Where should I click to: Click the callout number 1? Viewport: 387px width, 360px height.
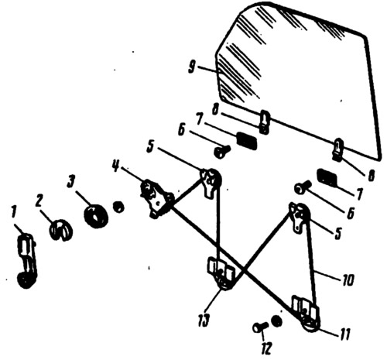pyautogui.click(x=14, y=214)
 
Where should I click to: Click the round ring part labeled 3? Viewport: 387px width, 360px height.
pyautogui.click(x=96, y=217)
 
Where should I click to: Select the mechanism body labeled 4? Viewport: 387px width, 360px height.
pyautogui.click(x=156, y=199)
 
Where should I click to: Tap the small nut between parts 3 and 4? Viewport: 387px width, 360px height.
pyautogui.click(x=118, y=207)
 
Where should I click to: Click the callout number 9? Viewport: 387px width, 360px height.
pyautogui.click(x=192, y=67)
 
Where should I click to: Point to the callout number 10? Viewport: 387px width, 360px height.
pyautogui.click(x=348, y=279)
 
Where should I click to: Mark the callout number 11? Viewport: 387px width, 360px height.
pyautogui.click(x=344, y=334)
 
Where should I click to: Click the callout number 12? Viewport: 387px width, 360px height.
pyautogui.click(x=266, y=349)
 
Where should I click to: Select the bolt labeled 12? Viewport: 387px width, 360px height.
pyautogui.click(x=260, y=328)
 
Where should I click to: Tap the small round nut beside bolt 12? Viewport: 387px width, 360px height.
pyautogui.click(x=276, y=321)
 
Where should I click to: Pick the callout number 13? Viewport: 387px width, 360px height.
pyautogui.click(x=204, y=320)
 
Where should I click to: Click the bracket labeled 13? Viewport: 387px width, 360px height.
pyautogui.click(x=220, y=273)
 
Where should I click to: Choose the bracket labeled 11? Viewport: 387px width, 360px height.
pyautogui.click(x=306, y=314)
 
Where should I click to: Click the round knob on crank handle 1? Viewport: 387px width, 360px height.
pyautogui.click(x=26, y=280)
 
